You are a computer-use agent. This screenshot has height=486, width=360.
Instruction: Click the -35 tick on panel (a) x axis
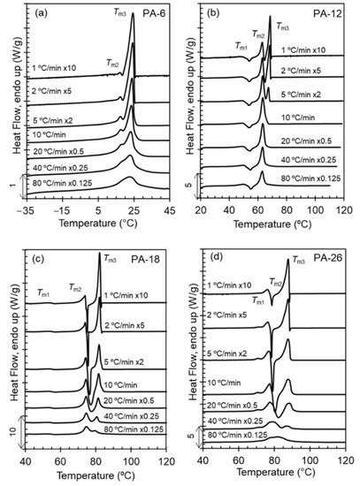[x=28, y=212]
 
